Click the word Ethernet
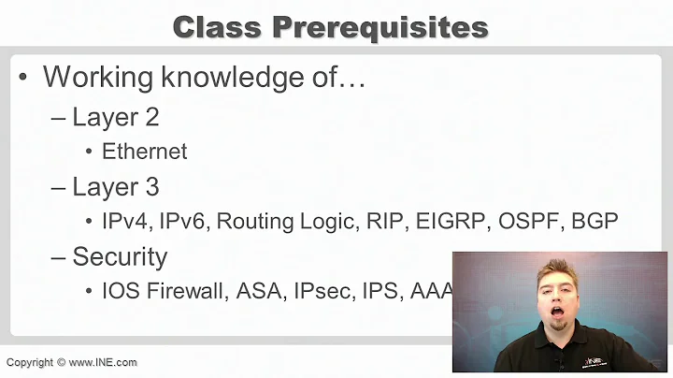point(145,151)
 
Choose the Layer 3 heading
point(116,186)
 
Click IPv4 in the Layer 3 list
point(125,221)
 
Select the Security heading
point(120,256)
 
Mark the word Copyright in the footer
point(30,362)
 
